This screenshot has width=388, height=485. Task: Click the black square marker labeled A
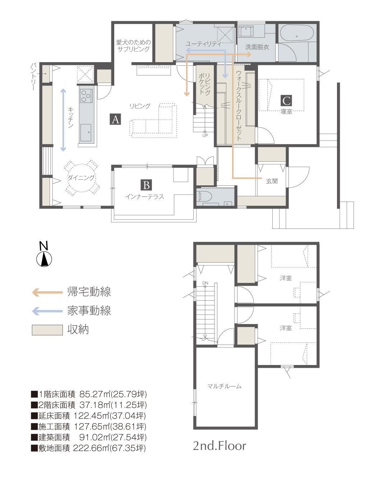coord(115,119)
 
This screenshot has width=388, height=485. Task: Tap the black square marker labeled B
coord(146,185)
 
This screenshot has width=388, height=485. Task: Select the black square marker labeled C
coord(286,101)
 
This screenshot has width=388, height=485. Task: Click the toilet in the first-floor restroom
coord(205,196)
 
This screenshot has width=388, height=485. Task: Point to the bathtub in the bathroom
coord(297,33)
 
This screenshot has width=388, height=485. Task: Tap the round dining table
coord(82,178)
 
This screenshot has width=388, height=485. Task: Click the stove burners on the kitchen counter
coord(86,96)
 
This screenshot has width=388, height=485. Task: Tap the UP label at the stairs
coord(205,135)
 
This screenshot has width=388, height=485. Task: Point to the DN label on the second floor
coord(205,283)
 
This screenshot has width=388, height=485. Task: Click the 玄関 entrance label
coord(272,181)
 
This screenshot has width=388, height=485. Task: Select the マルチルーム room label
coord(224,386)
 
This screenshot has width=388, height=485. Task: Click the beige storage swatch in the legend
coord(47,330)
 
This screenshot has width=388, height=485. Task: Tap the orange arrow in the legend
coord(47,292)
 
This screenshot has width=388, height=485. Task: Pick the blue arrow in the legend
coord(47,311)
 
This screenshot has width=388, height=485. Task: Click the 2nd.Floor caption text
coord(220,446)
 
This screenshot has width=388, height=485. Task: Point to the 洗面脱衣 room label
coord(257,47)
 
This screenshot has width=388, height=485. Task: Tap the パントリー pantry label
coord(33,77)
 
